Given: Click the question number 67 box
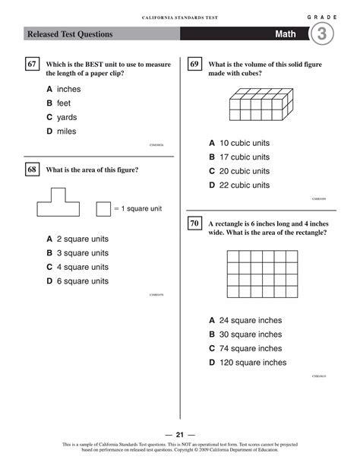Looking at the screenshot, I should [x=32, y=65].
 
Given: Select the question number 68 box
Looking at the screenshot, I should [x=32, y=170].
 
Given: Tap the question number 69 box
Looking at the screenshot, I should [x=194, y=65].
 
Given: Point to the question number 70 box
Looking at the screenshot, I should [x=194, y=224].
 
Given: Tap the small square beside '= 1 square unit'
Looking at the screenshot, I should [x=103, y=208].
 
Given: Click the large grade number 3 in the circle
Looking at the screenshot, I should [x=322, y=33].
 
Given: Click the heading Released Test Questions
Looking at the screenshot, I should [x=70, y=34].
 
